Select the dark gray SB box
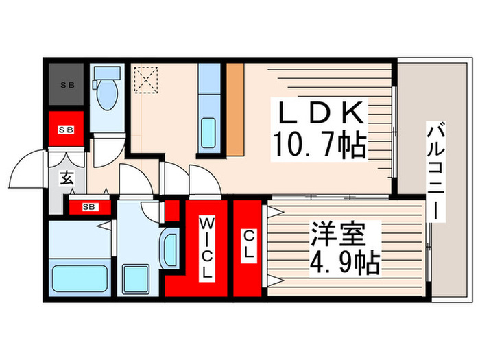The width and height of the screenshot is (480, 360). tap(67, 86)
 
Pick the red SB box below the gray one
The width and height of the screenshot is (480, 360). tap(67, 129)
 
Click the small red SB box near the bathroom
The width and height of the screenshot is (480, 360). tap(90, 206)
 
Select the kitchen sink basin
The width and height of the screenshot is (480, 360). tap(208, 130)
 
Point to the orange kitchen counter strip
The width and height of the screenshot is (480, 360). tap(235, 110)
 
